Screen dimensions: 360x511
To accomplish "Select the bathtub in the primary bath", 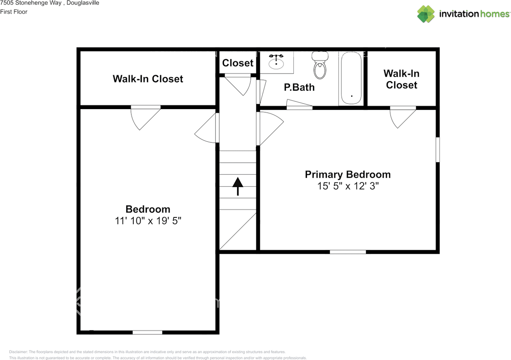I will tap(351, 78).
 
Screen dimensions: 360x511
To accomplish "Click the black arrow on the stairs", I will tap(238, 186).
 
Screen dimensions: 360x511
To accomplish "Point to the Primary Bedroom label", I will tap(348, 175).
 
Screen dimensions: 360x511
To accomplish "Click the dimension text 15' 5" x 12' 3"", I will tap(348, 186).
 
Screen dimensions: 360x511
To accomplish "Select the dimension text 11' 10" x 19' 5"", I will tap(148, 221).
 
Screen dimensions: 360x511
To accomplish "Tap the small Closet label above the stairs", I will tap(238, 63).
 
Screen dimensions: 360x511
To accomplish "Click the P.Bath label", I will tap(299, 87).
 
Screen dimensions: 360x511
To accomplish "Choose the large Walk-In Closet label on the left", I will tap(148, 79).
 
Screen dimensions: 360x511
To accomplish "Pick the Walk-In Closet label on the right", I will tap(401, 79).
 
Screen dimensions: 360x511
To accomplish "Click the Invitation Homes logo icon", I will tap(426, 14).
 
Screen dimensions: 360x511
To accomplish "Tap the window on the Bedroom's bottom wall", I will tap(147, 332).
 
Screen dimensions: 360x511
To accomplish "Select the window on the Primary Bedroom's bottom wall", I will tap(348, 252).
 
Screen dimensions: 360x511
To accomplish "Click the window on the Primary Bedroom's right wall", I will tap(438, 150).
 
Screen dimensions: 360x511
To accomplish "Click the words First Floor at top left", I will tap(14, 12).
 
